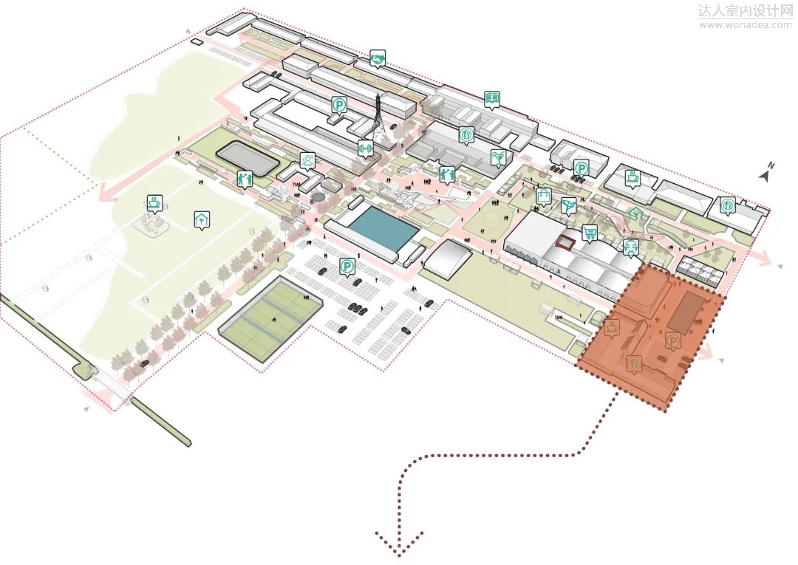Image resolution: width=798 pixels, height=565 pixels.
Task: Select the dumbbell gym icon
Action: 365,148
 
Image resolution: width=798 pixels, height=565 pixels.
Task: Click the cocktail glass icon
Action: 499,157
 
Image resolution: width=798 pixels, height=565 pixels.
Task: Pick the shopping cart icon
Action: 590,232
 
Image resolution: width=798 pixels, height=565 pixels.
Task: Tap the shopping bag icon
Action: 544,196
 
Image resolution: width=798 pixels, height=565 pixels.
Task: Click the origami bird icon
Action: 568,205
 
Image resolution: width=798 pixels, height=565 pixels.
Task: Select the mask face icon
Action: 630,247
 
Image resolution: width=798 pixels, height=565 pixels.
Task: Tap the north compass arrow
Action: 766,174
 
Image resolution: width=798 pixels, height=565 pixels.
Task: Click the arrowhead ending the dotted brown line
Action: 400,544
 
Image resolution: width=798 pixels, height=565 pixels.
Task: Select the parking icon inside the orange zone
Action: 673,340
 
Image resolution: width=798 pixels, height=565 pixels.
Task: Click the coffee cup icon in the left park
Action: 154,202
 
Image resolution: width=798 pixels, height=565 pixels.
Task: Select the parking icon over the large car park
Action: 347,267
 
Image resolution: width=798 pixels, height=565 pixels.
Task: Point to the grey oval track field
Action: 248,157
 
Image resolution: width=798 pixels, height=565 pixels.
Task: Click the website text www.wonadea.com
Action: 745,24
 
